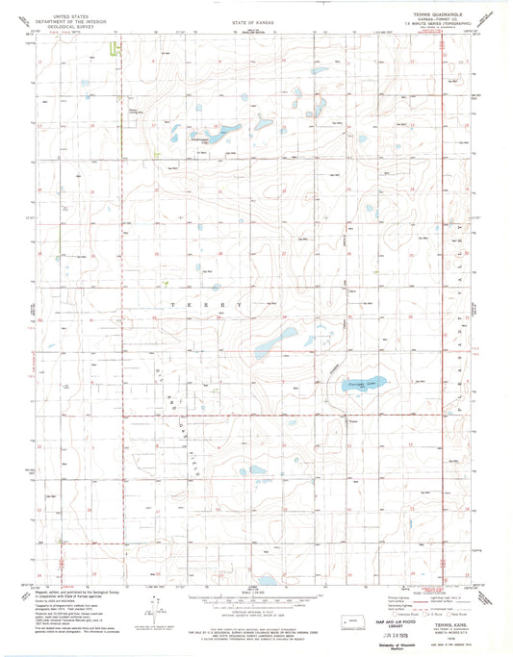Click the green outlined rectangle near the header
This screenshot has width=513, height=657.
click(117, 50)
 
